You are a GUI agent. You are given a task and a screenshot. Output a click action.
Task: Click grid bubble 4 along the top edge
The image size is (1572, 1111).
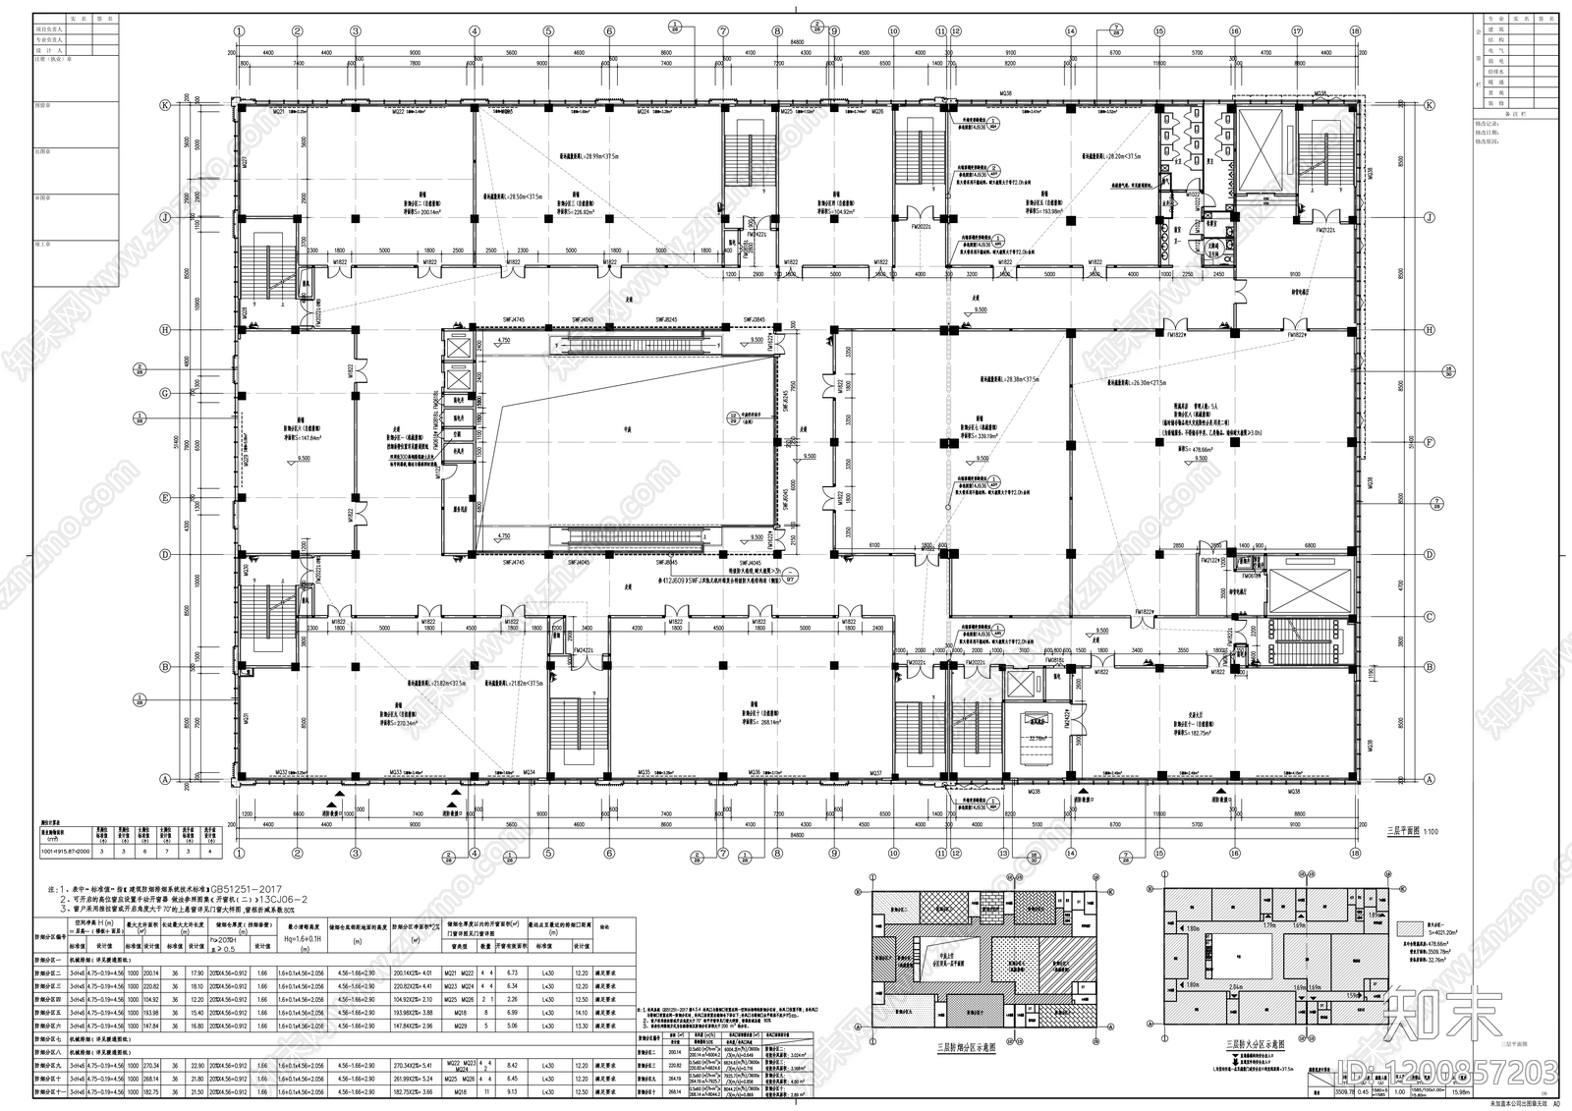pos(474,31)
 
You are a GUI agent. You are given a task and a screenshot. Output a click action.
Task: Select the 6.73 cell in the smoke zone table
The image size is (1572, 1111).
pos(511,973)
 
